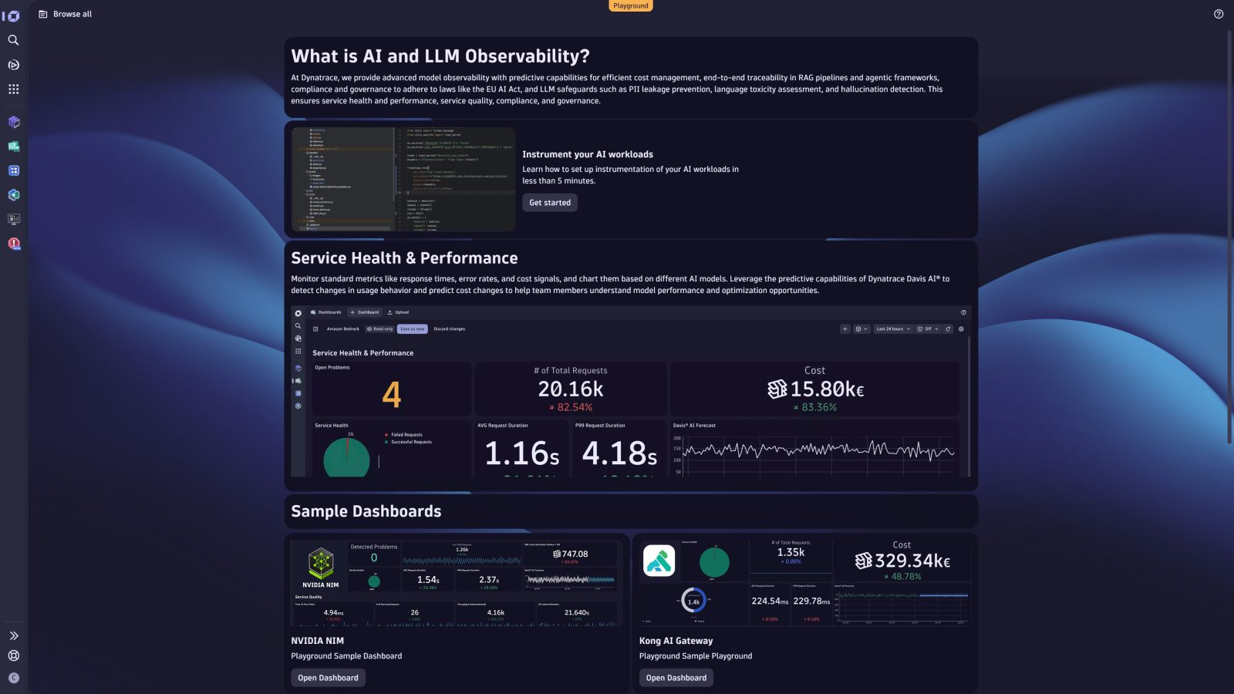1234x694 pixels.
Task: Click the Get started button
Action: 550,203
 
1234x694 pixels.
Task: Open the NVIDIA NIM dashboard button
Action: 328,678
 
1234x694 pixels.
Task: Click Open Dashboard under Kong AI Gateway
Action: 676,678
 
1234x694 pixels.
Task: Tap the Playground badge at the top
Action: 631,6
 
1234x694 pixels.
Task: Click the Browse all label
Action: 72,14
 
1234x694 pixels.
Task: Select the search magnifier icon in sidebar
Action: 13,40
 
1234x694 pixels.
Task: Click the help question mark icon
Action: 1219,14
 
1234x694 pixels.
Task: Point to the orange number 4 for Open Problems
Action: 391,395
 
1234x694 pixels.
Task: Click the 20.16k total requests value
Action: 571,389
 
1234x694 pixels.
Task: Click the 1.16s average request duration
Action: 521,453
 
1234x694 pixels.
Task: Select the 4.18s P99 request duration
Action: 619,453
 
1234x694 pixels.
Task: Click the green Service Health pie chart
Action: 346,457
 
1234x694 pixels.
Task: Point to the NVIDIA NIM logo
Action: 321,564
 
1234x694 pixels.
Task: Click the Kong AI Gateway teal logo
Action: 659,561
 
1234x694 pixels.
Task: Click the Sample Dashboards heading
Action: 366,511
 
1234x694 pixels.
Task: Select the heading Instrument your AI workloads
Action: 587,154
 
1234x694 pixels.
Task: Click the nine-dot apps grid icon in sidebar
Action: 13,89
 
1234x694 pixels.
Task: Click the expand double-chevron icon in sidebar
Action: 13,636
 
